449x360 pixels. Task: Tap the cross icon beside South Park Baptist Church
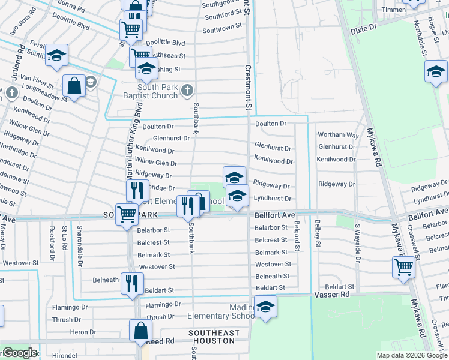[187, 91]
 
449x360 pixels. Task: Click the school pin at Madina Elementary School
[265, 308]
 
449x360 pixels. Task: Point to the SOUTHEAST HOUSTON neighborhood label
[214, 337]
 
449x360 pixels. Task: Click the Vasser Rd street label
[332, 295]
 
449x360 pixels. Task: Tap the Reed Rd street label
[161, 341]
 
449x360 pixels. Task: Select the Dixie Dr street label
[363, 28]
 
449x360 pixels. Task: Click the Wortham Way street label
[338, 135]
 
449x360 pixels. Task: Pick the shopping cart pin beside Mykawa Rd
[405, 267]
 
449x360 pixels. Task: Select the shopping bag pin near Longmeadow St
[74, 86]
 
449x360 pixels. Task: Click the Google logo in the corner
[19, 353]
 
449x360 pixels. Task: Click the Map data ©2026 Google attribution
[411, 355]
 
